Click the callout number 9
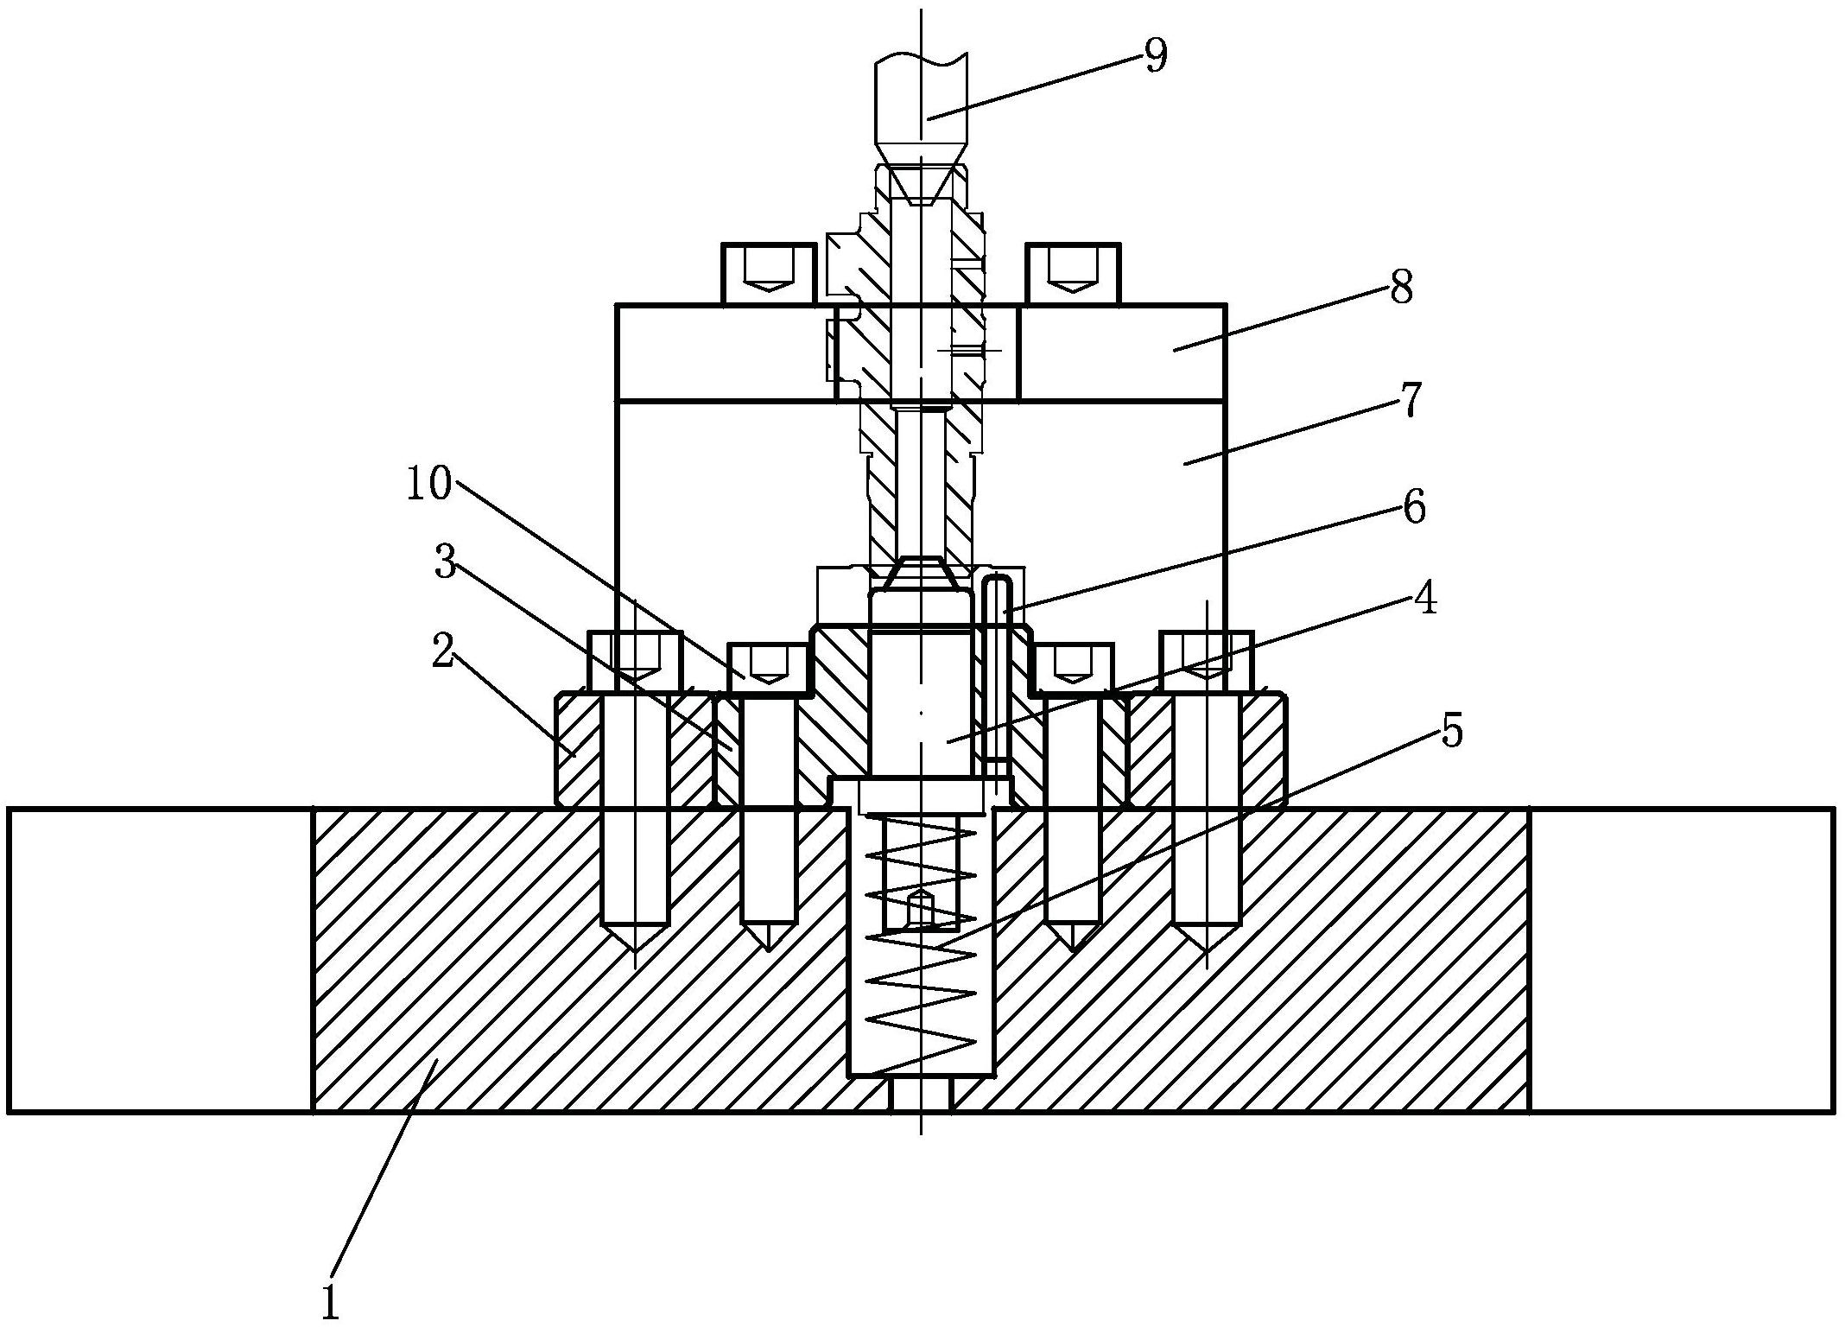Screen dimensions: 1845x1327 click(x=1156, y=56)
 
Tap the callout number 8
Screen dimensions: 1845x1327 click(x=1401, y=288)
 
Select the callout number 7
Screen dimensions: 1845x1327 click(x=1411, y=401)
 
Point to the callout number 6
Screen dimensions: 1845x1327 click(x=1413, y=508)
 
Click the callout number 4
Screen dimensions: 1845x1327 click(x=1426, y=597)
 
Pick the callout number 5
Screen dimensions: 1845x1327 click(x=1451, y=731)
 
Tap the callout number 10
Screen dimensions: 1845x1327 click(x=429, y=484)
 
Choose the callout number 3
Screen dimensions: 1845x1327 click(x=446, y=563)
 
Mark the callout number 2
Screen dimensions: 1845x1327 click(x=443, y=653)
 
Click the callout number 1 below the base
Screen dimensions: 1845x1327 click(x=330, y=1301)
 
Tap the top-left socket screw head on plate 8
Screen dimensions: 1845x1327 click(x=770, y=274)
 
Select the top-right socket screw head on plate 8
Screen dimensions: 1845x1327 click(x=1073, y=274)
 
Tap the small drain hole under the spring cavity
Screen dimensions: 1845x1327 click(x=922, y=1095)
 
